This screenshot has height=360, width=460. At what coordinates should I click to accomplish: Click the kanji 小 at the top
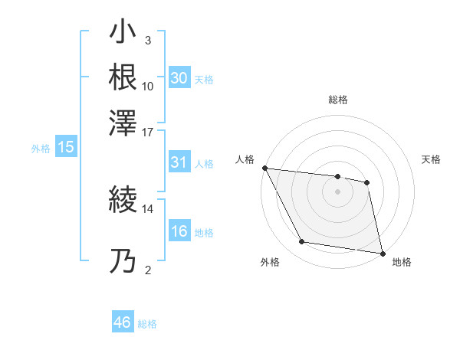coord(123,34)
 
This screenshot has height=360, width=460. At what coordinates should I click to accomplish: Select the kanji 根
coord(123,77)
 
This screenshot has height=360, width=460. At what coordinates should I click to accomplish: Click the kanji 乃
coord(123,263)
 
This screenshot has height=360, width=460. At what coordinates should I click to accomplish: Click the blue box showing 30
coord(179,78)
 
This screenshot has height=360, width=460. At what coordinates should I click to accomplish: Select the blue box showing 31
coord(179,163)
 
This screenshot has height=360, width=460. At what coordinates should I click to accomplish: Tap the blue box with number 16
coord(179,232)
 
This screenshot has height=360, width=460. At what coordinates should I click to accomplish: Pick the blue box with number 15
coord(66,148)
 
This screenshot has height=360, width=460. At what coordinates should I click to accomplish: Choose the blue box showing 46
coord(123,322)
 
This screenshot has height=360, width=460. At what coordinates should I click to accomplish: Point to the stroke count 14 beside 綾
coord(148,208)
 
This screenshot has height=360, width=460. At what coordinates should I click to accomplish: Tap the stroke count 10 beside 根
coord(148,86)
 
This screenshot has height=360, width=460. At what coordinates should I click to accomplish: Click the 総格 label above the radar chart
coord(337,100)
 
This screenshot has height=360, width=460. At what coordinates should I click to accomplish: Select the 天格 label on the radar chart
coord(431,159)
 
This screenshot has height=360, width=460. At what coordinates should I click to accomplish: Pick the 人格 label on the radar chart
coord(245,159)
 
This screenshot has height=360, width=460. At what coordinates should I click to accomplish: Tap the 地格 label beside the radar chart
coord(402,262)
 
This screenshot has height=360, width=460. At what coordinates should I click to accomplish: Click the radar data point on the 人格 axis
coord(264,168)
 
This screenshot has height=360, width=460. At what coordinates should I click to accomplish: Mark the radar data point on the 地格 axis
coord(381,252)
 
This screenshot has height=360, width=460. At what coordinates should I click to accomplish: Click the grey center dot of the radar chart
coord(337,192)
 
